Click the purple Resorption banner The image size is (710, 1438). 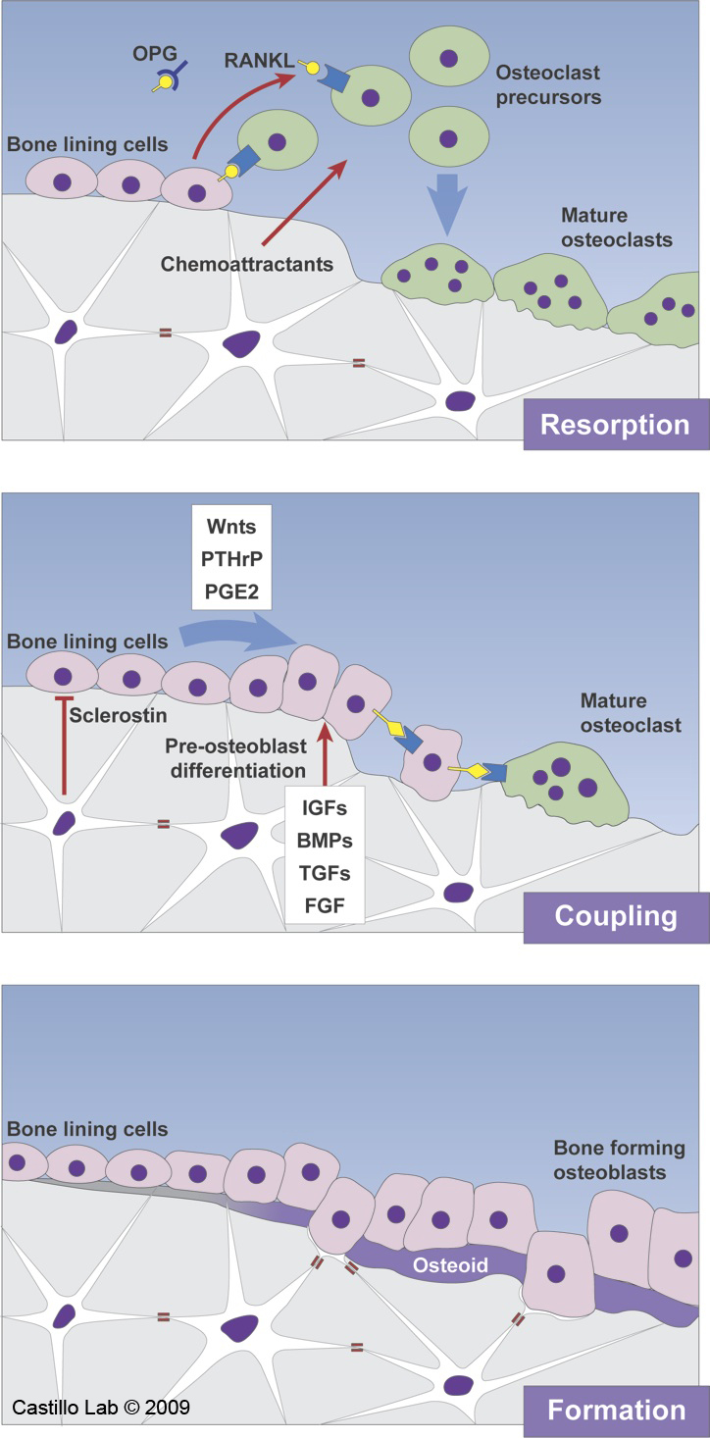pos(615,426)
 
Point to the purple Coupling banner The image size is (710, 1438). pos(615,915)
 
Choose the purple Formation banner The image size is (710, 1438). pos(615,1411)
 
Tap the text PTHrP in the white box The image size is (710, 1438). pos(230,559)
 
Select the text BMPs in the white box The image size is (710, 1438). pos(325,841)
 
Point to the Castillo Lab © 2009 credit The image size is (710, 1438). pos(101,1408)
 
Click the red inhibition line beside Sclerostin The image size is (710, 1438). pos(64,745)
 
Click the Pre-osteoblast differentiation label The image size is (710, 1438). pos(239,758)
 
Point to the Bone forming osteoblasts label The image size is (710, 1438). pos(609,1159)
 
